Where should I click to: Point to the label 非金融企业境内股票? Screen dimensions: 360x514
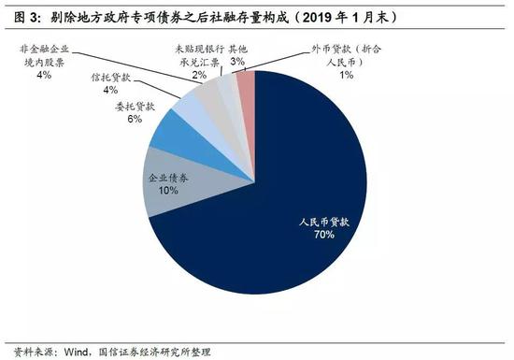[x=45, y=53]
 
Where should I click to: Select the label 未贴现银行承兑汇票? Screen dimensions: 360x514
[x=197, y=53]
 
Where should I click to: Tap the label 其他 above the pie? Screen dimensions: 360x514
[x=237, y=47]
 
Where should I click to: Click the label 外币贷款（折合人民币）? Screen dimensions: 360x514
[x=347, y=53]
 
